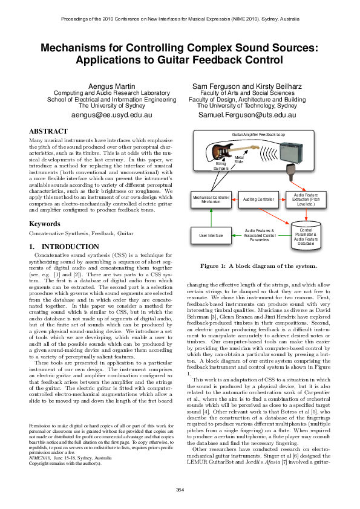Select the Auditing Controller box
(258, 199)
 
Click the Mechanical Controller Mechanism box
(211, 199)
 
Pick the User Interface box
(211, 235)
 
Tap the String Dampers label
(221, 166)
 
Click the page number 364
(180, 488)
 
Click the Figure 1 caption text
(258, 266)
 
